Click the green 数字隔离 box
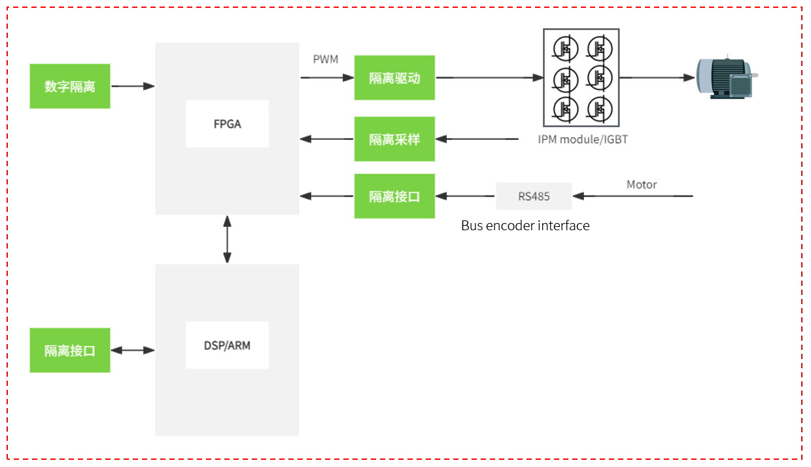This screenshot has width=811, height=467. click(70, 86)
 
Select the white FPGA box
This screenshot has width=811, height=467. click(227, 124)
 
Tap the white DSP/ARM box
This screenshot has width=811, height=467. click(227, 345)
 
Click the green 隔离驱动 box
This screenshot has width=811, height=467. click(394, 77)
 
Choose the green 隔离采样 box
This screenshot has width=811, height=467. click(394, 139)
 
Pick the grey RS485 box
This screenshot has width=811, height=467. click(534, 196)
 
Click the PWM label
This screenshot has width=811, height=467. click(326, 59)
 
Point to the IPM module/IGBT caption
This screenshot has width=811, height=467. click(583, 139)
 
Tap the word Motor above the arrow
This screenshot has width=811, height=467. click(642, 184)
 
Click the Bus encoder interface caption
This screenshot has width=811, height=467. click(525, 226)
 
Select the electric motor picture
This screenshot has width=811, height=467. click(727, 77)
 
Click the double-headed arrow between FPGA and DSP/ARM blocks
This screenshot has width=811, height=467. click(227, 239)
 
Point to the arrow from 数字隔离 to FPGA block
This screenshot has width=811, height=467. click(133, 86)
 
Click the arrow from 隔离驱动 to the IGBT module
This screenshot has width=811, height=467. click(489, 77)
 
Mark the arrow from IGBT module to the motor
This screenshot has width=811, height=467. click(657, 77)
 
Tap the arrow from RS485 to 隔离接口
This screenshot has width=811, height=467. click(465, 196)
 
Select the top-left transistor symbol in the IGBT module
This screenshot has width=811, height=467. click(565, 48)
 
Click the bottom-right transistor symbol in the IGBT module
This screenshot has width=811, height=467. click(600, 109)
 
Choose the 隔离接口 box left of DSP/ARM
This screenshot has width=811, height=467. click(70, 351)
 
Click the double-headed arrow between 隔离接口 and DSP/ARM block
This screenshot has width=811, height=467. click(133, 351)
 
